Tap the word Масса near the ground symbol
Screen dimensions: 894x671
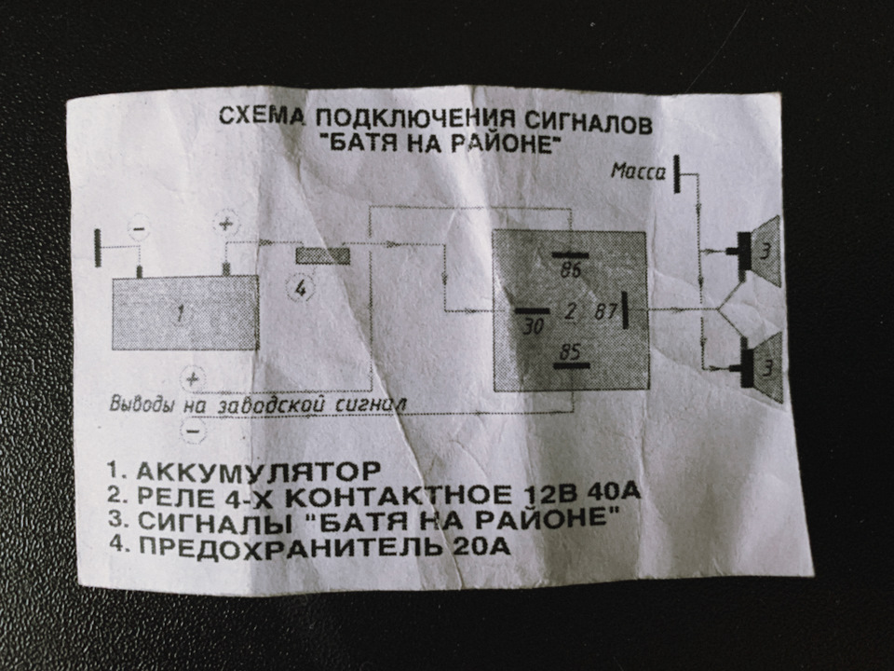(x=637, y=171)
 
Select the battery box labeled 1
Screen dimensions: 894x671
(x=184, y=313)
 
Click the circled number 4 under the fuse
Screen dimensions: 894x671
(x=300, y=288)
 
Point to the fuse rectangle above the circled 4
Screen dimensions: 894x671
(x=322, y=255)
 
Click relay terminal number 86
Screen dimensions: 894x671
(x=570, y=270)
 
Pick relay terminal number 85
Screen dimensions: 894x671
(x=569, y=351)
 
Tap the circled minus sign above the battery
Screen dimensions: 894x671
(x=138, y=228)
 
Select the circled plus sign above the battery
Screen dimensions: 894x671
(x=225, y=225)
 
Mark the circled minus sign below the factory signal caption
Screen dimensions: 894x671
(x=194, y=431)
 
